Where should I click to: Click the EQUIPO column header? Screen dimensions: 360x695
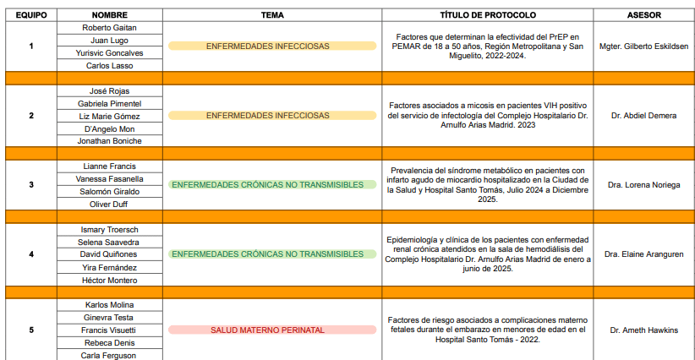point(30,15)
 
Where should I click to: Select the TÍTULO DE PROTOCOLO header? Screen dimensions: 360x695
point(488,15)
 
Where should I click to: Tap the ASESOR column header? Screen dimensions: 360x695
point(643,15)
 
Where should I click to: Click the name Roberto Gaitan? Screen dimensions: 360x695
point(109,27)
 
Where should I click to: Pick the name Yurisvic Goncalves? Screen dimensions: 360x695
point(109,52)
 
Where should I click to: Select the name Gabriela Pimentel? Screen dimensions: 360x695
point(109,103)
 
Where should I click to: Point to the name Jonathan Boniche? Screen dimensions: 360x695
point(109,141)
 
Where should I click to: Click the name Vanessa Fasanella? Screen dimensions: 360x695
point(109,179)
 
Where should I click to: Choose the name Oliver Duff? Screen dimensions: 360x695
point(109,205)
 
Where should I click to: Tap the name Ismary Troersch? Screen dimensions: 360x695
point(109,230)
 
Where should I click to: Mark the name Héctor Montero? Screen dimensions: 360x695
point(109,281)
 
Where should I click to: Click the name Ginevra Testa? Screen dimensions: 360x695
point(109,317)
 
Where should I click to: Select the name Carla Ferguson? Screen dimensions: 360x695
point(109,356)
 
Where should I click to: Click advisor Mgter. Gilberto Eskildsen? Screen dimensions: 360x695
point(643,46)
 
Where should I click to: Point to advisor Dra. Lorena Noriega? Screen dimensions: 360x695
point(643,184)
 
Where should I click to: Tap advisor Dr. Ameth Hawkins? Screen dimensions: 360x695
point(643,330)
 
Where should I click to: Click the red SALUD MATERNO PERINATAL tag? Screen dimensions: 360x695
point(272,330)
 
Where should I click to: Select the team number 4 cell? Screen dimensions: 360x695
point(30,254)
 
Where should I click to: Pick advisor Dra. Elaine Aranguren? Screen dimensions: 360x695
point(643,254)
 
